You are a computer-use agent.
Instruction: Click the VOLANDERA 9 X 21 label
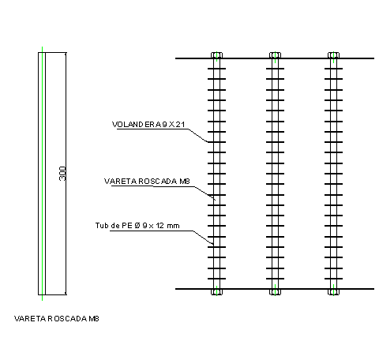tap(148, 124)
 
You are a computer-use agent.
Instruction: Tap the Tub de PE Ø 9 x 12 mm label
tap(137, 226)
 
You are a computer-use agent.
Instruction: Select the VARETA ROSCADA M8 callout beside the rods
tap(147, 181)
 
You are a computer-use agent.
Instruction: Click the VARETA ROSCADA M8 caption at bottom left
tap(57, 319)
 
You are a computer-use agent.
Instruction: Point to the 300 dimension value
tap(62, 174)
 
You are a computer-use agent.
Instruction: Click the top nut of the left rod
tap(216, 55)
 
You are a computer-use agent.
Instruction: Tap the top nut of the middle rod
tap(275, 55)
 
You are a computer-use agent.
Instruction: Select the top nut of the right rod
tap(333, 55)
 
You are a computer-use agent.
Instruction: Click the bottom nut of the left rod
tap(216, 292)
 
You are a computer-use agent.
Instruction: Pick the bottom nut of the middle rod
tap(275, 292)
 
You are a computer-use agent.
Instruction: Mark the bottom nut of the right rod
tap(333, 292)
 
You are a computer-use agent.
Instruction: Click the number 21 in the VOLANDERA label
tap(180, 124)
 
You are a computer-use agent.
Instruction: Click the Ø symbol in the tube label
tap(137, 226)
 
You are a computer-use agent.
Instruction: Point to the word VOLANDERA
tap(136, 124)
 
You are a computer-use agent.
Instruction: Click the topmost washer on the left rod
tap(216, 69)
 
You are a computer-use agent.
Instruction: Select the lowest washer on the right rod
tap(333, 279)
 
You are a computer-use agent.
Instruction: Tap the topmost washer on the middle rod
tap(275, 69)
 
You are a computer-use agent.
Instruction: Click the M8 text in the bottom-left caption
tap(94, 319)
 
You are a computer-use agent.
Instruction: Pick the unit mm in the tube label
tap(173, 226)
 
